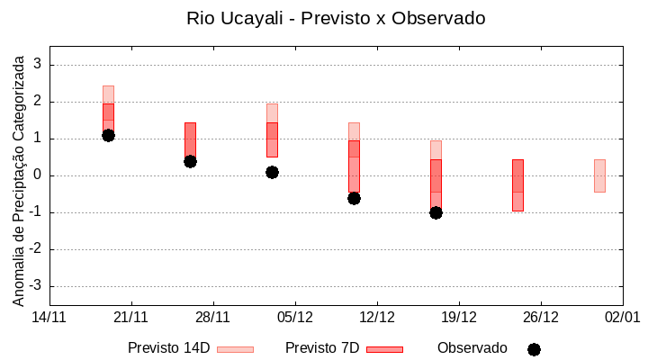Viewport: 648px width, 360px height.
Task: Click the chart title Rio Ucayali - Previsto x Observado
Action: click(323, 18)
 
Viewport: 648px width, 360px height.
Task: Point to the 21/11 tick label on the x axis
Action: click(131, 317)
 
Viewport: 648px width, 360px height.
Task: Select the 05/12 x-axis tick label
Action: click(295, 317)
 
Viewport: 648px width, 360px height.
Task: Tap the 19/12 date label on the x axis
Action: click(459, 317)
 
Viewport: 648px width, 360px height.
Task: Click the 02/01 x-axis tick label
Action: click(622, 317)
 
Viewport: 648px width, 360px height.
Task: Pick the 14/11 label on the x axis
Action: click(49, 317)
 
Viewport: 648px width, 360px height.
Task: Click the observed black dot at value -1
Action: click(436, 212)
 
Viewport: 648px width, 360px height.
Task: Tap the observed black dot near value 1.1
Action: click(108, 135)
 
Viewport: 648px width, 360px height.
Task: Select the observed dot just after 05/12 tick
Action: click(272, 172)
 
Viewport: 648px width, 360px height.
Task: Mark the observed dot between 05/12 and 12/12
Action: click(354, 198)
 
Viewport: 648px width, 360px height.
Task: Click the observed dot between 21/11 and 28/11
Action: click(190, 161)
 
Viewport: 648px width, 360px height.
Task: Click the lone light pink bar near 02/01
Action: click(599, 175)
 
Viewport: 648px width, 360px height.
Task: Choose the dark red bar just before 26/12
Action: click(517, 184)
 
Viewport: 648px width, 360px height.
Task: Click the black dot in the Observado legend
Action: click(534, 349)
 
